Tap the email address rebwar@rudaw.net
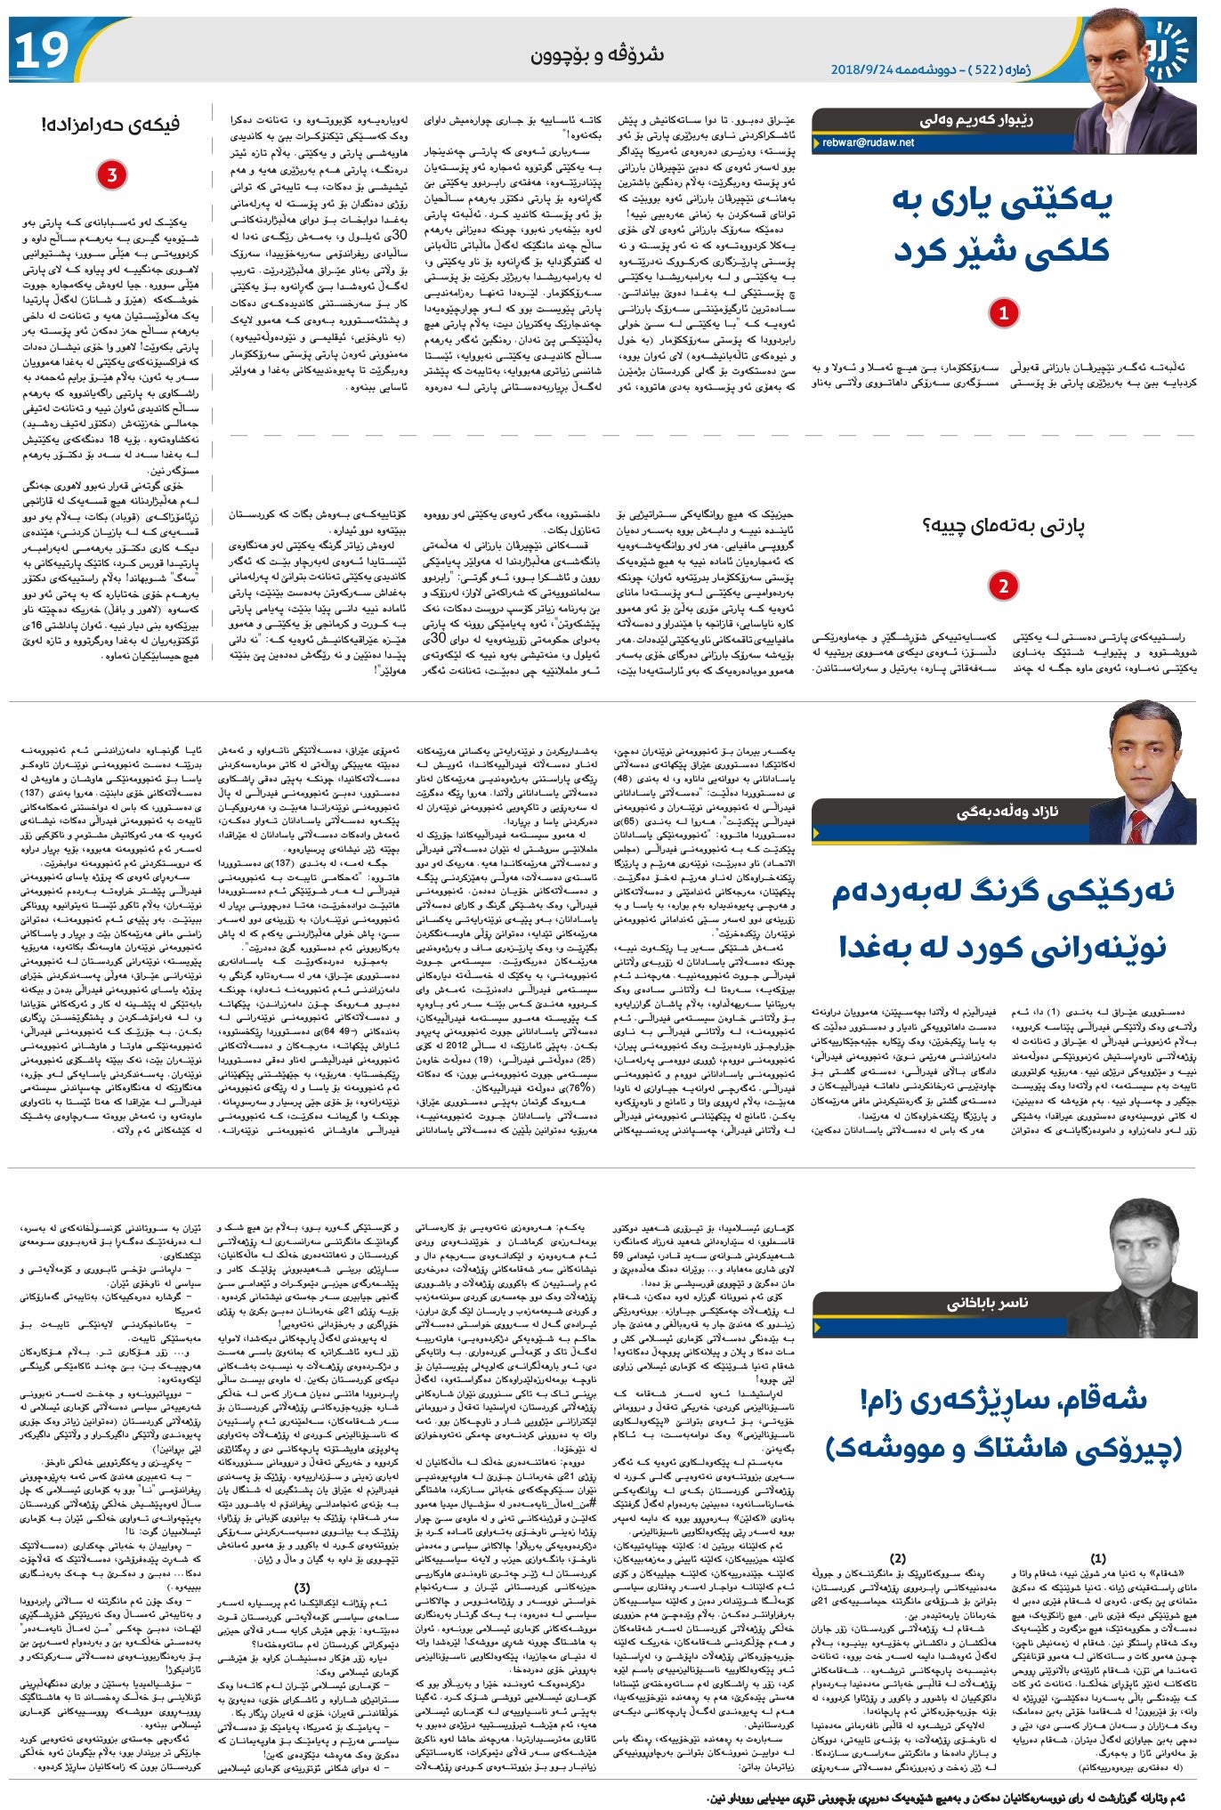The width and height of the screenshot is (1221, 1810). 868,141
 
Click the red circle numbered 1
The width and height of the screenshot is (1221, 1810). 1004,313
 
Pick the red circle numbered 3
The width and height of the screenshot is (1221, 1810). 111,174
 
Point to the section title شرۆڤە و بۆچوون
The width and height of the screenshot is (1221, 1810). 597,55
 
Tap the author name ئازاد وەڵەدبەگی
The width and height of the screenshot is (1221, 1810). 1007,812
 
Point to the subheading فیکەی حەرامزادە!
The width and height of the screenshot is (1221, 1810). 110,125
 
